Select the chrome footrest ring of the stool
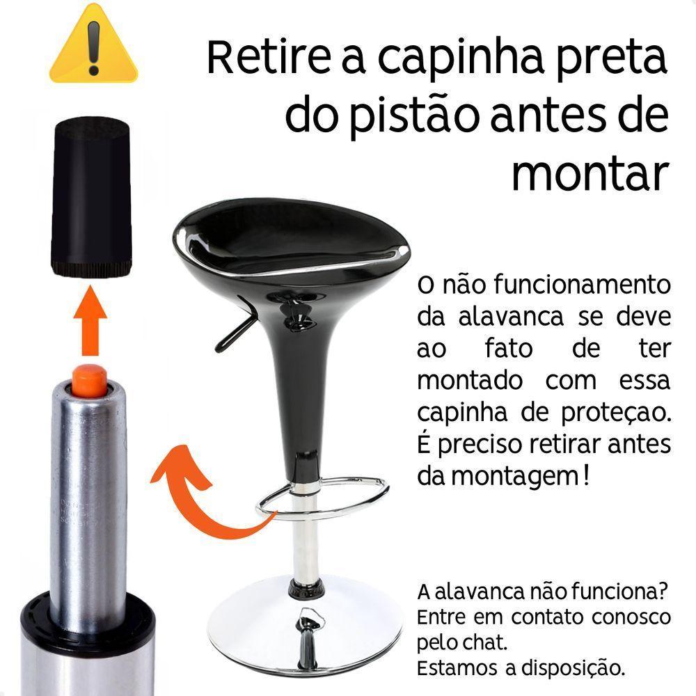(327, 498)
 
